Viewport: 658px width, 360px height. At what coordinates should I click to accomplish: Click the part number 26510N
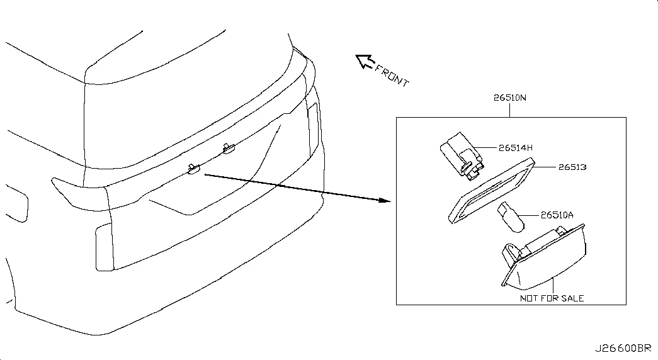point(509,98)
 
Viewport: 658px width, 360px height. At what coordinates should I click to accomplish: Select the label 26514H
point(515,148)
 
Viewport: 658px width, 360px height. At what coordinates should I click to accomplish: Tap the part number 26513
point(572,167)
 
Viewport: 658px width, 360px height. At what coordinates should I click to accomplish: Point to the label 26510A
point(557,215)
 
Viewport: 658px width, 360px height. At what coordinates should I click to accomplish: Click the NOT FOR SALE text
point(552,298)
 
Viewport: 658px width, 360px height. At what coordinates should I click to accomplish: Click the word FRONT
point(392,76)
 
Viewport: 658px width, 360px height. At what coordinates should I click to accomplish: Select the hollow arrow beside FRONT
point(365,61)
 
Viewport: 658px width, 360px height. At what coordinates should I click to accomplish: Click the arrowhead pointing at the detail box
point(385,200)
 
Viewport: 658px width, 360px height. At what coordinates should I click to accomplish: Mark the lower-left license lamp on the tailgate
point(193,168)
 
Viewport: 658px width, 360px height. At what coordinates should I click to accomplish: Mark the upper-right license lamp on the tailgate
point(229,148)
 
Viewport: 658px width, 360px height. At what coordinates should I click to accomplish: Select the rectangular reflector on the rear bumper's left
point(104,247)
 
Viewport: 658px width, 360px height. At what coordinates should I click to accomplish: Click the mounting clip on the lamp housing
point(510,254)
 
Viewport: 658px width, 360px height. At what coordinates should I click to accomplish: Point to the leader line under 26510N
point(509,110)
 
